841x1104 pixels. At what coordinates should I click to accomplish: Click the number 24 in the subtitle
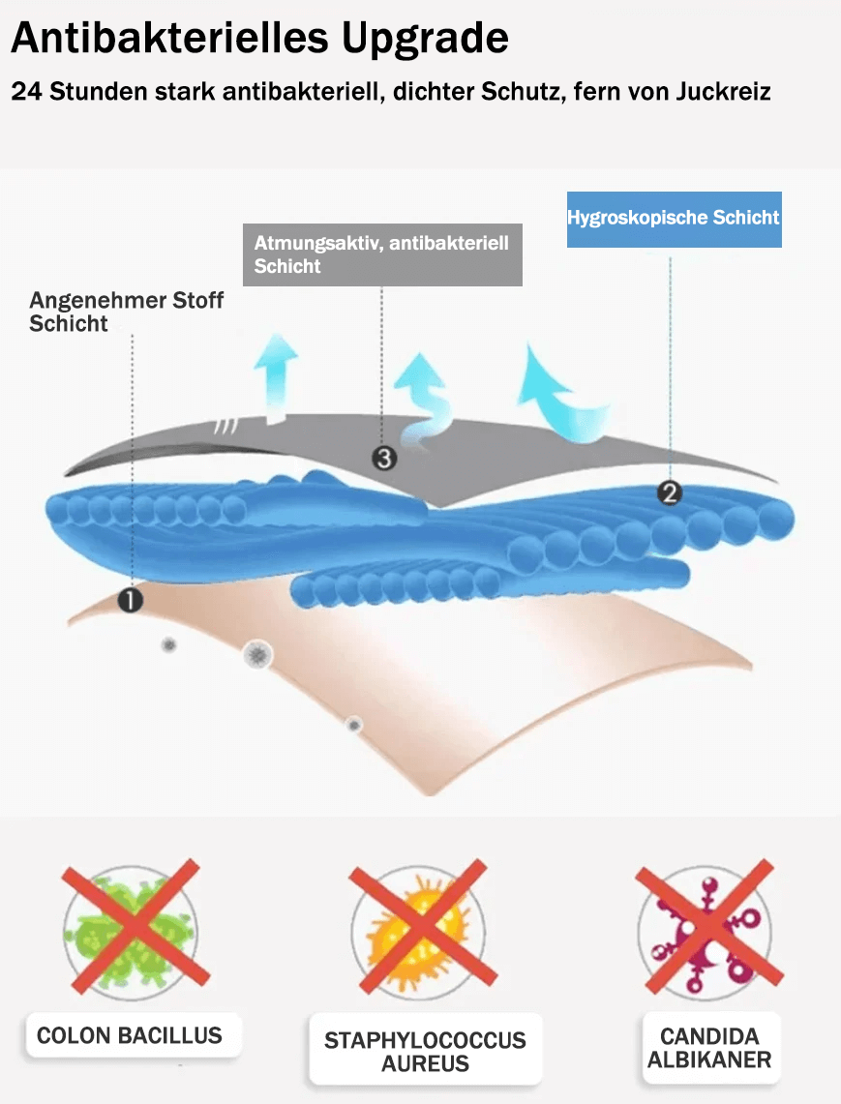tap(27, 92)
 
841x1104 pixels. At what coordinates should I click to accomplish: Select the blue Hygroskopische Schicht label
tap(675, 219)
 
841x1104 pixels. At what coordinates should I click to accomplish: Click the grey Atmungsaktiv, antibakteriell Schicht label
tap(382, 254)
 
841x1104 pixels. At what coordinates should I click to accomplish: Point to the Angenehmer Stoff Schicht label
tap(126, 312)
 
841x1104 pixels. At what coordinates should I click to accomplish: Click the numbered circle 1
tap(131, 600)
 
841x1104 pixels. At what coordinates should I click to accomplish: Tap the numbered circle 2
tap(669, 492)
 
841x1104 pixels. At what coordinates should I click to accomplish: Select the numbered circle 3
tap(384, 459)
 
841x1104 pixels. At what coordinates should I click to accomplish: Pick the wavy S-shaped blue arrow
tap(426, 402)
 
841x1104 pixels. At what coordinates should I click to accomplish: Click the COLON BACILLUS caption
tap(130, 1035)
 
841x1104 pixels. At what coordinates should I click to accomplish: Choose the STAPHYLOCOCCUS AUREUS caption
tap(425, 1051)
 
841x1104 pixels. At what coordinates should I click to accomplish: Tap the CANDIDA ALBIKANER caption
tap(709, 1048)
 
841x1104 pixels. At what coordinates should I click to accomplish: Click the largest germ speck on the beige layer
tap(257, 655)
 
